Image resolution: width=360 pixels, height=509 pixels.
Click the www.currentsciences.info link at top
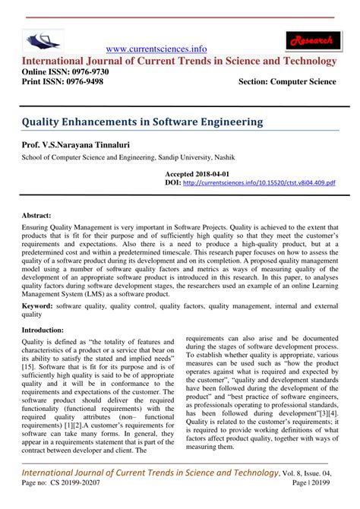pos(157,48)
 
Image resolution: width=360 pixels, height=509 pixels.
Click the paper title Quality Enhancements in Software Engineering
pos(142,121)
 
